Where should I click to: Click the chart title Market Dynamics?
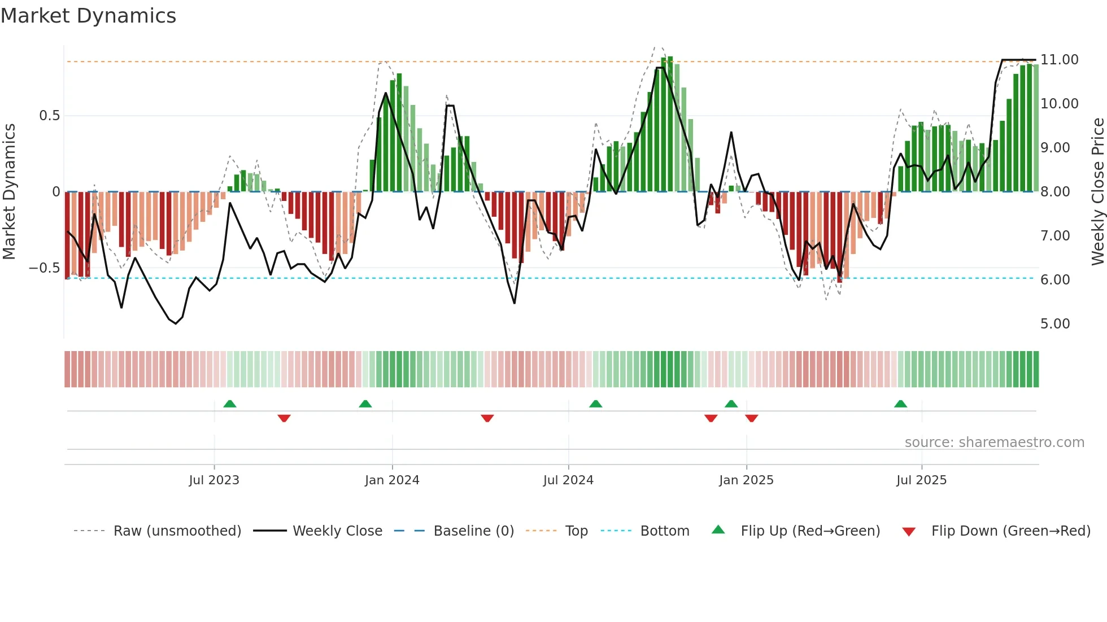[x=88, y=16]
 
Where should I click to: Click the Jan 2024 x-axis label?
[x=392, y=480]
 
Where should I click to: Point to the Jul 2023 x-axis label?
[x=214, y=480]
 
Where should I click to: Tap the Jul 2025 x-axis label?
[x=921, y=480]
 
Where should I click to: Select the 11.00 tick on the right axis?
[x=1059, y=59]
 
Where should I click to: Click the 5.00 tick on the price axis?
[x=1054, y=323]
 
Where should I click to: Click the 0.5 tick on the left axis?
[x=49, y=116]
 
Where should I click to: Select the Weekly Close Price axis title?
[x=1097, y=192]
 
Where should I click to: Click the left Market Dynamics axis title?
[x=9, y=192]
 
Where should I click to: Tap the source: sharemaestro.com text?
[x=994, y=442]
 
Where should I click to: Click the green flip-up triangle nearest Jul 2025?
[x=900, y=404]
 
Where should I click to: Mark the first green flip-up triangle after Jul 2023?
[x=229, y=404]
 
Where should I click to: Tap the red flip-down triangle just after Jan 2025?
[x=751, y=418]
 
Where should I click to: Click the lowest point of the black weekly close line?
[x=176, y=323]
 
